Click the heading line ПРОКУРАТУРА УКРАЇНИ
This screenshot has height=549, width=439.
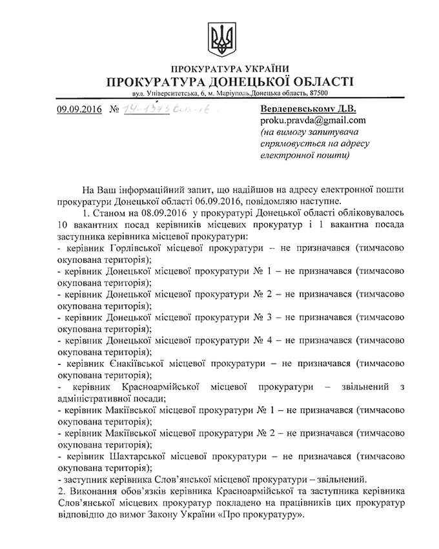(219, 69)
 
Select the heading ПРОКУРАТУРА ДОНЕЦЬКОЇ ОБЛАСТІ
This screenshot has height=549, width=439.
(219, 82)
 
